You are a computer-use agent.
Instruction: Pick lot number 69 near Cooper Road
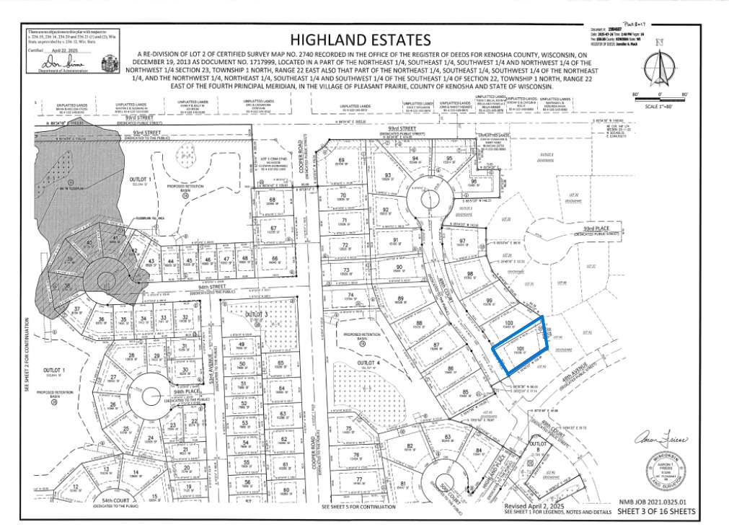342,160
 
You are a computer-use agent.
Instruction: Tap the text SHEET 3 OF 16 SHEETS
655,512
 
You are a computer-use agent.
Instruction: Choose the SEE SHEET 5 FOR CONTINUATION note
358,507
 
